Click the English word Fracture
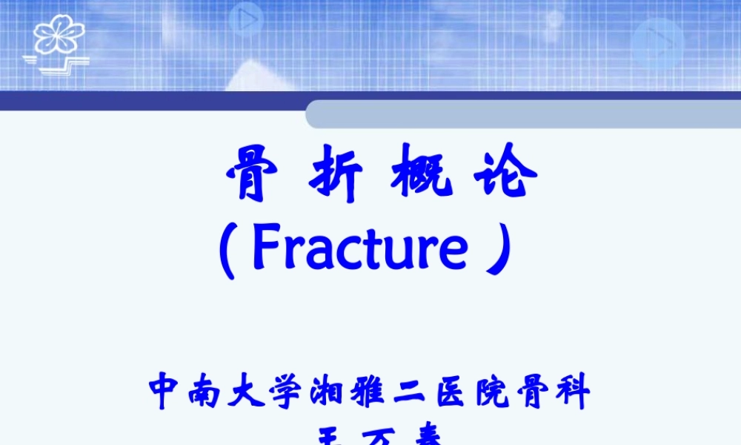click(361, 250)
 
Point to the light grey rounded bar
click(523, 114)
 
